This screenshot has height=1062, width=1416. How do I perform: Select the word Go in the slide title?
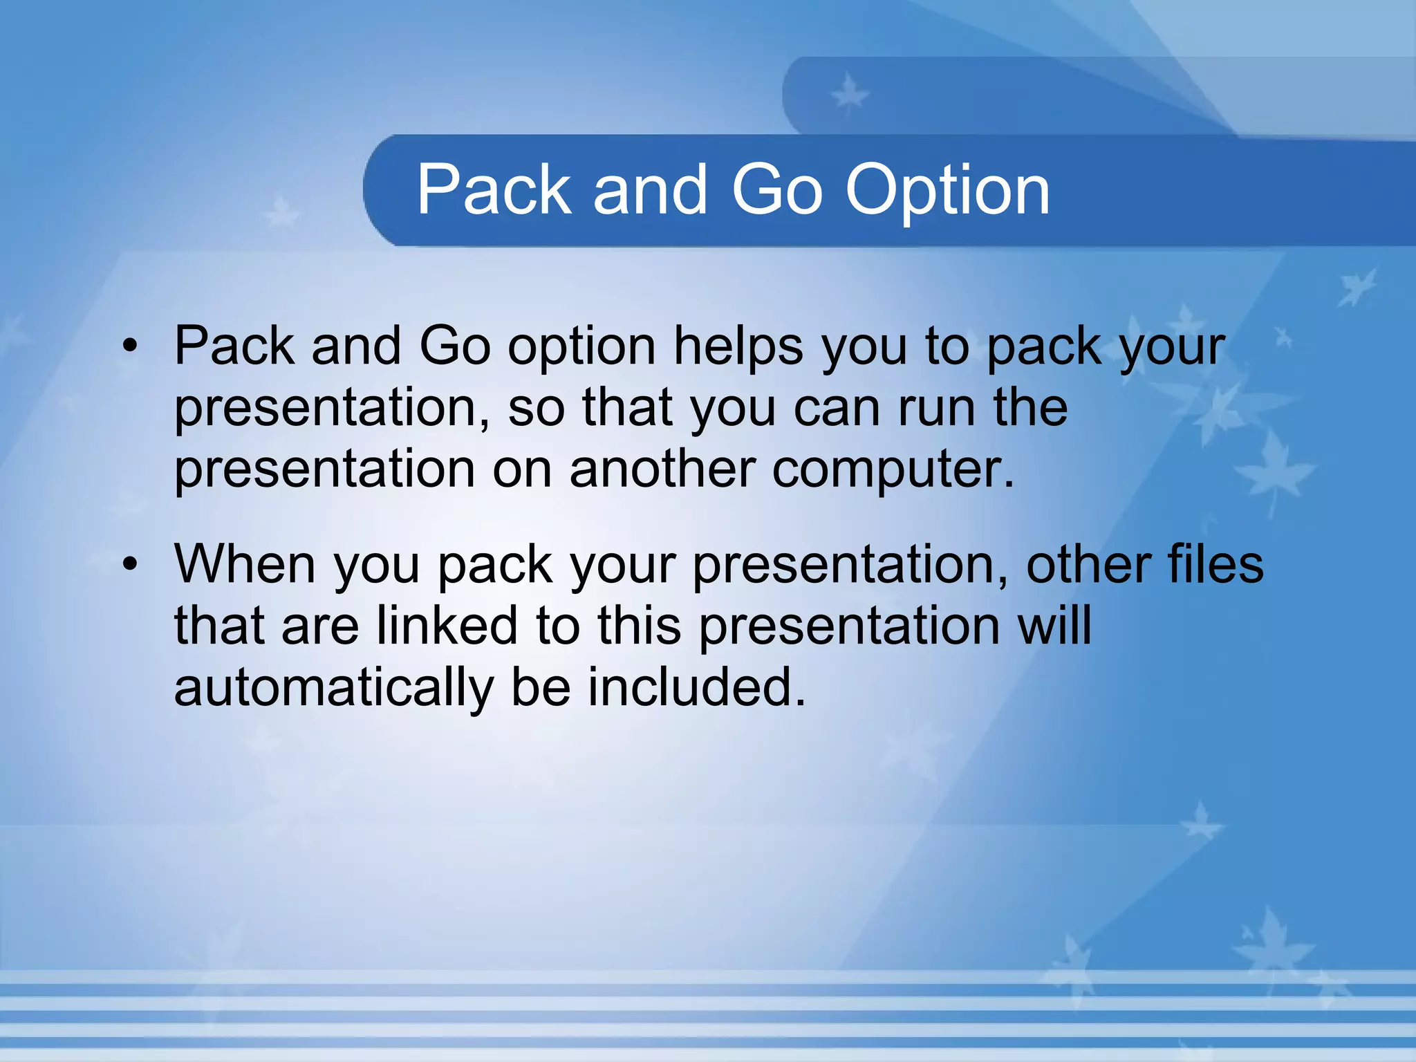tap(777, 189)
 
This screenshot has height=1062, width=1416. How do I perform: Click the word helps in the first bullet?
tap(738, 346)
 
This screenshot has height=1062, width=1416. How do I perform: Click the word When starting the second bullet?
tap(245, 564)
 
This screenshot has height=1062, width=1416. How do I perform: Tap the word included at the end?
tap(697, 687)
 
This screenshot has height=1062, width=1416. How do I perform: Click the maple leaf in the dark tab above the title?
tap(849, 95)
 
